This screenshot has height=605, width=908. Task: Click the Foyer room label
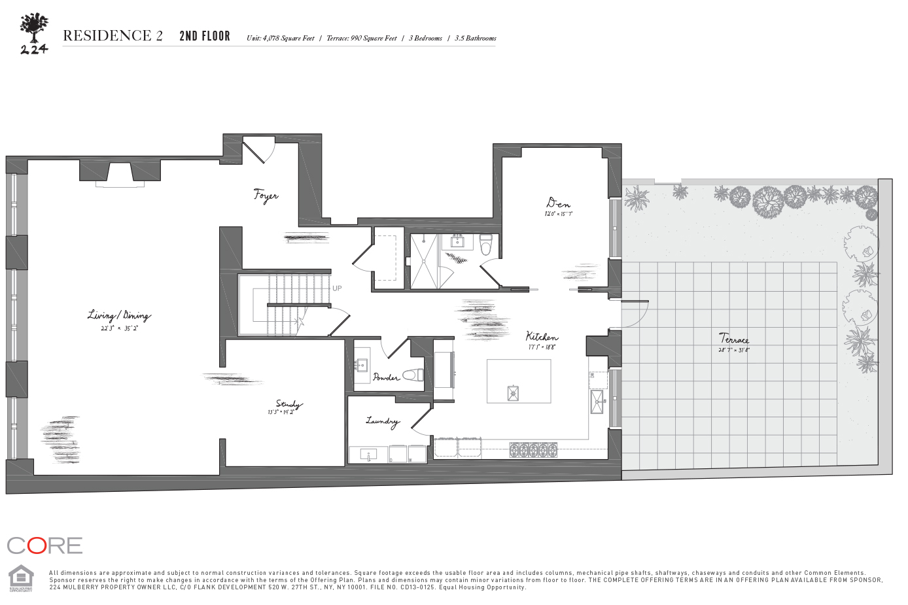click(266, 196)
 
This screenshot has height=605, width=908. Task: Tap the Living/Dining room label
click(119, 316)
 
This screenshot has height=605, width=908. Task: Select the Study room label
click(288, 404)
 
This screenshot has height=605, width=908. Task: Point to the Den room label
click(558, 203)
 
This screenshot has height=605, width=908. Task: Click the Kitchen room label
click(542, 337)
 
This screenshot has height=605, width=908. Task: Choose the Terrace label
click(734, 339)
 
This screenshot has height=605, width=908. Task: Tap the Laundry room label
click(382, 421)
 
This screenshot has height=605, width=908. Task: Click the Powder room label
click(386, 377)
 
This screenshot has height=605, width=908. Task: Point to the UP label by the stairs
click(337, 288)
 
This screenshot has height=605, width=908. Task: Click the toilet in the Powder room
click(413, 375)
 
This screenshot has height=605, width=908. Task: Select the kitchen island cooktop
click(514, 392)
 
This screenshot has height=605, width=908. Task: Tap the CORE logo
click(44, 545)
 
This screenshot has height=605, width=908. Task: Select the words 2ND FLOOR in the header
click(205, 37)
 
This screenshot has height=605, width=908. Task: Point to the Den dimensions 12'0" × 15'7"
click(558, 214)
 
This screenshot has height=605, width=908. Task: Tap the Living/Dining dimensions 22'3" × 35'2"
click(119, 328)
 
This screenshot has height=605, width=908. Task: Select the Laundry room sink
click(368, 454)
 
